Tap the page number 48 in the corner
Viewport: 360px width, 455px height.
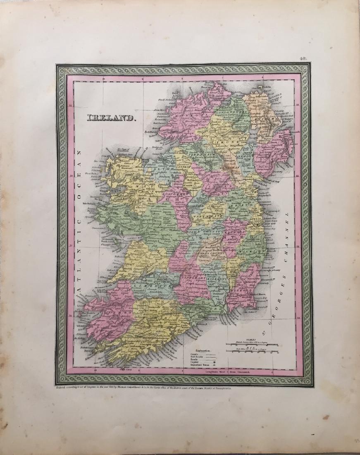(305, 59)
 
